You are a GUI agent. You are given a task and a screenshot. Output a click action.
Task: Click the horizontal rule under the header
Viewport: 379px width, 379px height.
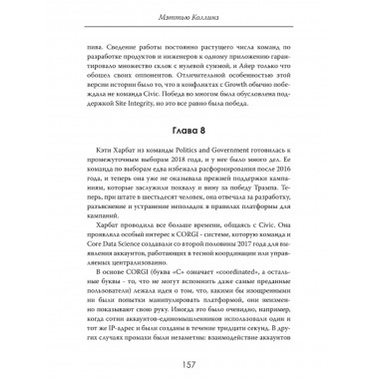pyautogui.click(x=189, y=32)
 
